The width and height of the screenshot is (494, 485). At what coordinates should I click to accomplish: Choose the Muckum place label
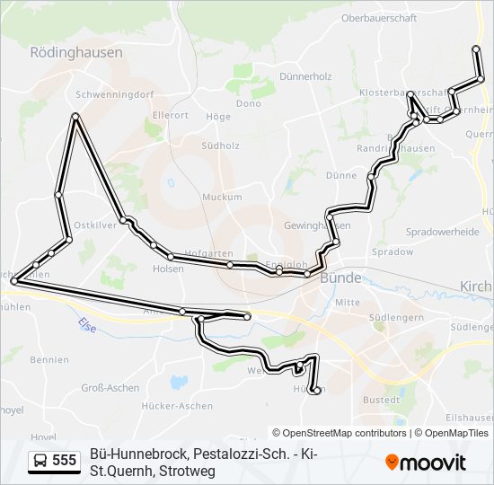222,197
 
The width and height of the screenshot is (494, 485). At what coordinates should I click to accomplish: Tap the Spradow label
393,252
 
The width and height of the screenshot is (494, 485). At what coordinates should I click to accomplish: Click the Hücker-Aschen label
177,406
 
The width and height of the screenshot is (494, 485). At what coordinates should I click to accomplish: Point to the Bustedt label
381,399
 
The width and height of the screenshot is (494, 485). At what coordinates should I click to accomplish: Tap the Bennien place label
49,360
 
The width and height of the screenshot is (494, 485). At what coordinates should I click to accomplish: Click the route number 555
65,461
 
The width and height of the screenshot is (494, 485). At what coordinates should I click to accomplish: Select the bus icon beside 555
40,461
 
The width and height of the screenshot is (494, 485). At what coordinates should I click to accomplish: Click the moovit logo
426,462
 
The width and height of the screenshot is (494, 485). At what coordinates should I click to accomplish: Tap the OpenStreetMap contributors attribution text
340,433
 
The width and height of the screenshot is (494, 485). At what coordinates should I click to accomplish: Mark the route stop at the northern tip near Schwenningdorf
75,116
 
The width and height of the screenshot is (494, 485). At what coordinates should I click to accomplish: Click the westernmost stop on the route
13,281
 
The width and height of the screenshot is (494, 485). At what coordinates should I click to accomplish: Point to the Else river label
87,324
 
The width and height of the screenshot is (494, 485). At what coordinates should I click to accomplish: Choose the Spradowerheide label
442,231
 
